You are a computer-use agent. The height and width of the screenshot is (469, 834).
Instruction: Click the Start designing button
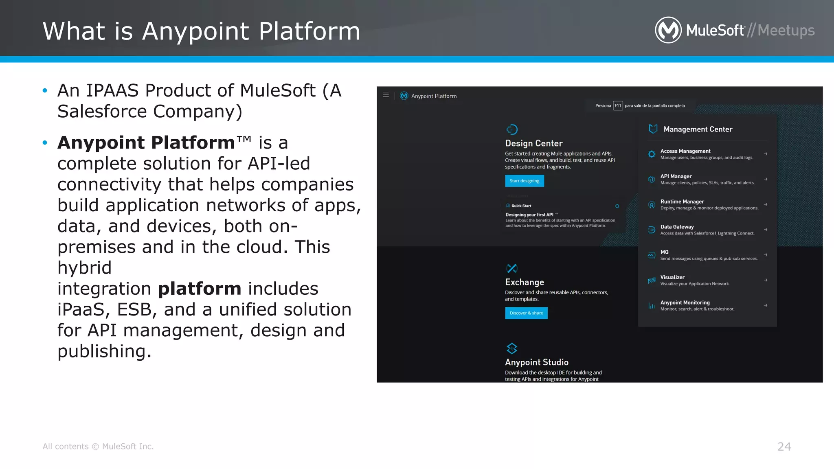coord(524,181)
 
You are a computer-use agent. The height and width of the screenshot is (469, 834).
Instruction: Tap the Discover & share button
coord(526,313)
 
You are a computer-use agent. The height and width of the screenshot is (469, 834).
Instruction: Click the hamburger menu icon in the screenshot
coord(386,95)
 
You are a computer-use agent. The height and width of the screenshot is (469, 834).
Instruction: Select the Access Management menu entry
coord(685,151)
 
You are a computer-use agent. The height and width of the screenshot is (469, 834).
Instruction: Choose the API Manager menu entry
coord(676,176)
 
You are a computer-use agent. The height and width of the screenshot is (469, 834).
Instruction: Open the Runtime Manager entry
coord(682,202)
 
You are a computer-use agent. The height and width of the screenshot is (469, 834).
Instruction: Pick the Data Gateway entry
coord(677,227)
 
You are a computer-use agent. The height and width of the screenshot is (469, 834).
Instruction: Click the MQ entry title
coord(664,252)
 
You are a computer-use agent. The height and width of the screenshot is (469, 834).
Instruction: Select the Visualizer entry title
coord(672,277)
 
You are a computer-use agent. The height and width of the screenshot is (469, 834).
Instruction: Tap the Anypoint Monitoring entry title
coord(685,302)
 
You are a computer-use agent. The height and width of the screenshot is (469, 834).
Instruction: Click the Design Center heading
coord(533,143)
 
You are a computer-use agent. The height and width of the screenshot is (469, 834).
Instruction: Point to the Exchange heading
coord(525,282)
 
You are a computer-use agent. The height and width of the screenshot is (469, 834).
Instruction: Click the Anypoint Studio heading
coord(536,362)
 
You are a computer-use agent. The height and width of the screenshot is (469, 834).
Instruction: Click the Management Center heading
coord(698,129)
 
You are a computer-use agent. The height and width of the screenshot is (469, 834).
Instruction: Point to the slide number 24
coord(784,447)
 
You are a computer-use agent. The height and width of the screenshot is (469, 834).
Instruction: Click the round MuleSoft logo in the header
coord(668,30)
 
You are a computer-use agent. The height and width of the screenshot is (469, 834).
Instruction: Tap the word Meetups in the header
coord(786,31)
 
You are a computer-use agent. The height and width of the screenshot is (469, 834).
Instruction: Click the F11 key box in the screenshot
coord(618,106)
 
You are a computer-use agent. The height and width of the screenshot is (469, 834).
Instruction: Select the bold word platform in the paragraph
coord(200,289)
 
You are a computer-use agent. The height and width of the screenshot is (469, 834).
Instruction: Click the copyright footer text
coord(98,447)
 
